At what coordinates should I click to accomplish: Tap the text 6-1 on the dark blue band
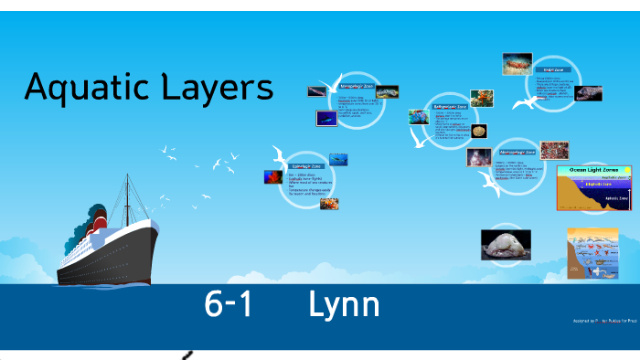[x=229, y=306]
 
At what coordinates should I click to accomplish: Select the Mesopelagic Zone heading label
[x=357, y=84]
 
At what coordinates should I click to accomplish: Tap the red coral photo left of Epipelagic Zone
[x=272, y=175]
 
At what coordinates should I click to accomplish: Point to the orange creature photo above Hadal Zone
[x=517, y=63]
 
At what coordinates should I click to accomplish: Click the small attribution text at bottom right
[x=603, y=321]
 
